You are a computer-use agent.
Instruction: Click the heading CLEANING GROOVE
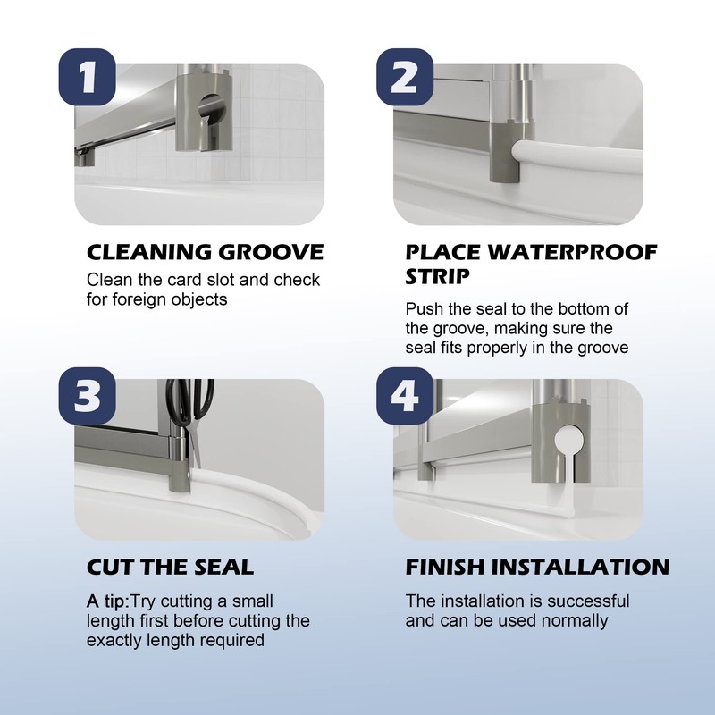(205, 252)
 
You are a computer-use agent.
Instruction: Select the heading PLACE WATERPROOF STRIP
(531, 262)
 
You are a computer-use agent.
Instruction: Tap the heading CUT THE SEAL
(170, 567)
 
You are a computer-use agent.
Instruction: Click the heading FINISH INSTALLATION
(537, 567)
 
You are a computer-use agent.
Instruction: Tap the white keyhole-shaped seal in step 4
(567, 447)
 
